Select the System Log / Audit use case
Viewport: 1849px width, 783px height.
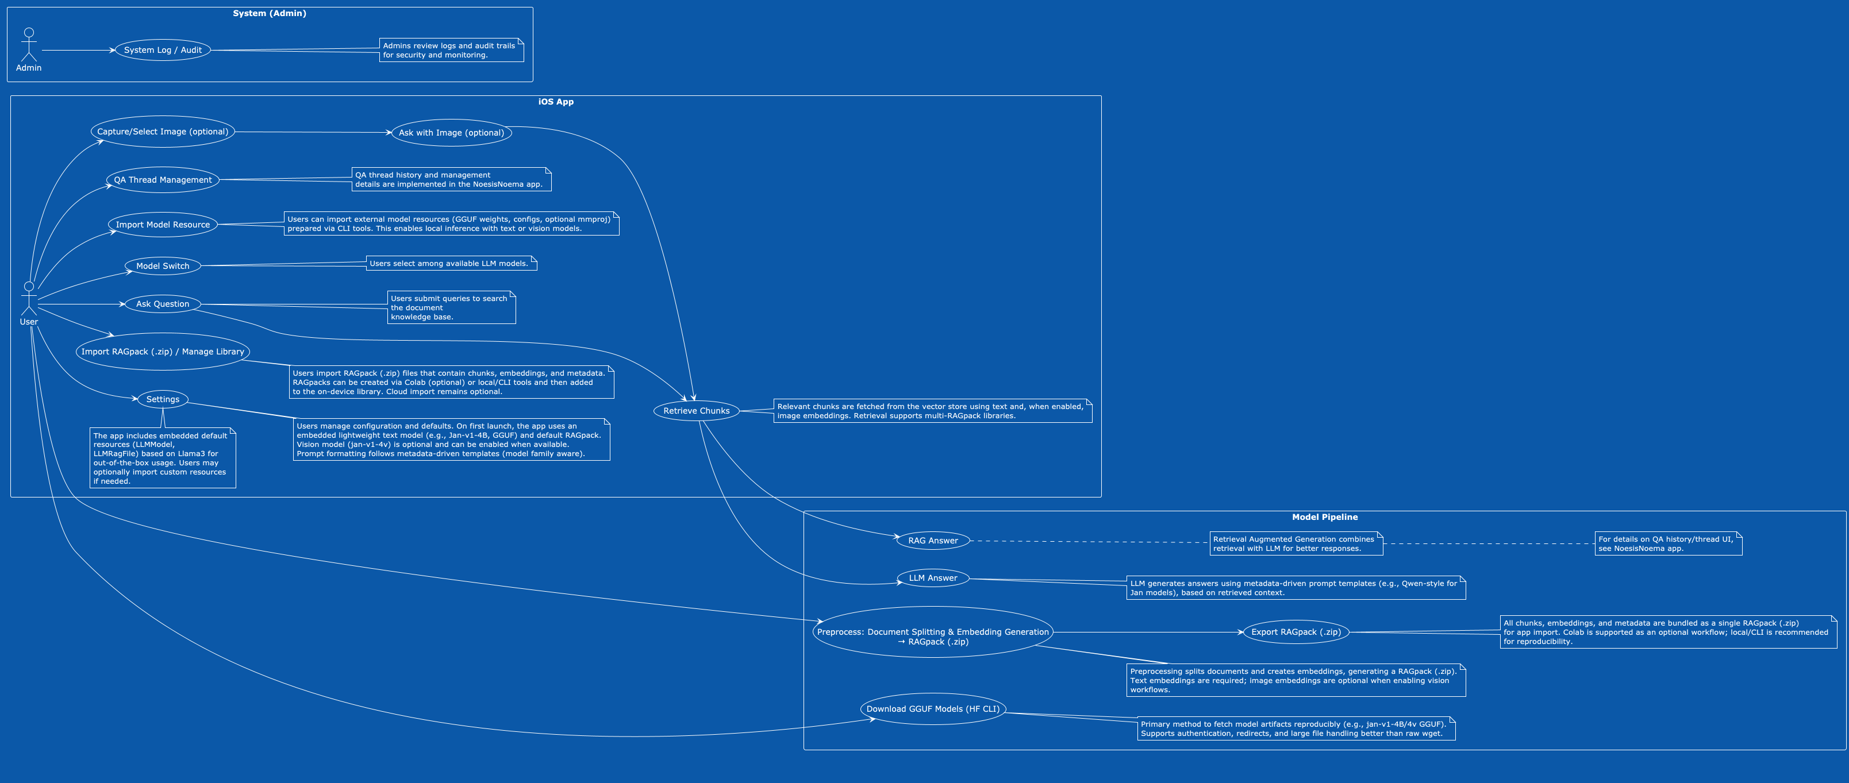click(x=163, y=50)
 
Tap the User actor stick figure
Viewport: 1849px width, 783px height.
click(x=29, y=299)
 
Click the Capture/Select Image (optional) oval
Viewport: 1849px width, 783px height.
click(x=163, y=132)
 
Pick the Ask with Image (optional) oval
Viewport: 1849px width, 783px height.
click(x=451, y=133)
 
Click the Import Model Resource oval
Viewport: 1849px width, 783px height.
click(x=163, y=225)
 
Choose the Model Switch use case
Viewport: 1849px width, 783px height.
click(x=163, y=266)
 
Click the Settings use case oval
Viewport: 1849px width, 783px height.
click(x=163, y=400)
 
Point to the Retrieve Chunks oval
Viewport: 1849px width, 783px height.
click(x=696, y=411)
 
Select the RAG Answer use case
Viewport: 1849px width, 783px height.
click(x=933, y=541)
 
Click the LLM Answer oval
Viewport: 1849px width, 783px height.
click(x=933, y=578)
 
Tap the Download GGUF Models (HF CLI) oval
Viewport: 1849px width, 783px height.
click(x=932, y=709)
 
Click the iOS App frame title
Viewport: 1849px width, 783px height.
click(x=556, y=102)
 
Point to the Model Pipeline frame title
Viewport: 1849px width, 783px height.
click(x=1324, y=518)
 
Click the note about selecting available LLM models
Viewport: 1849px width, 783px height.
click(x=451, y=263)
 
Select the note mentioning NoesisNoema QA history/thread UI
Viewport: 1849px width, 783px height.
click(x=1667, y=544)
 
